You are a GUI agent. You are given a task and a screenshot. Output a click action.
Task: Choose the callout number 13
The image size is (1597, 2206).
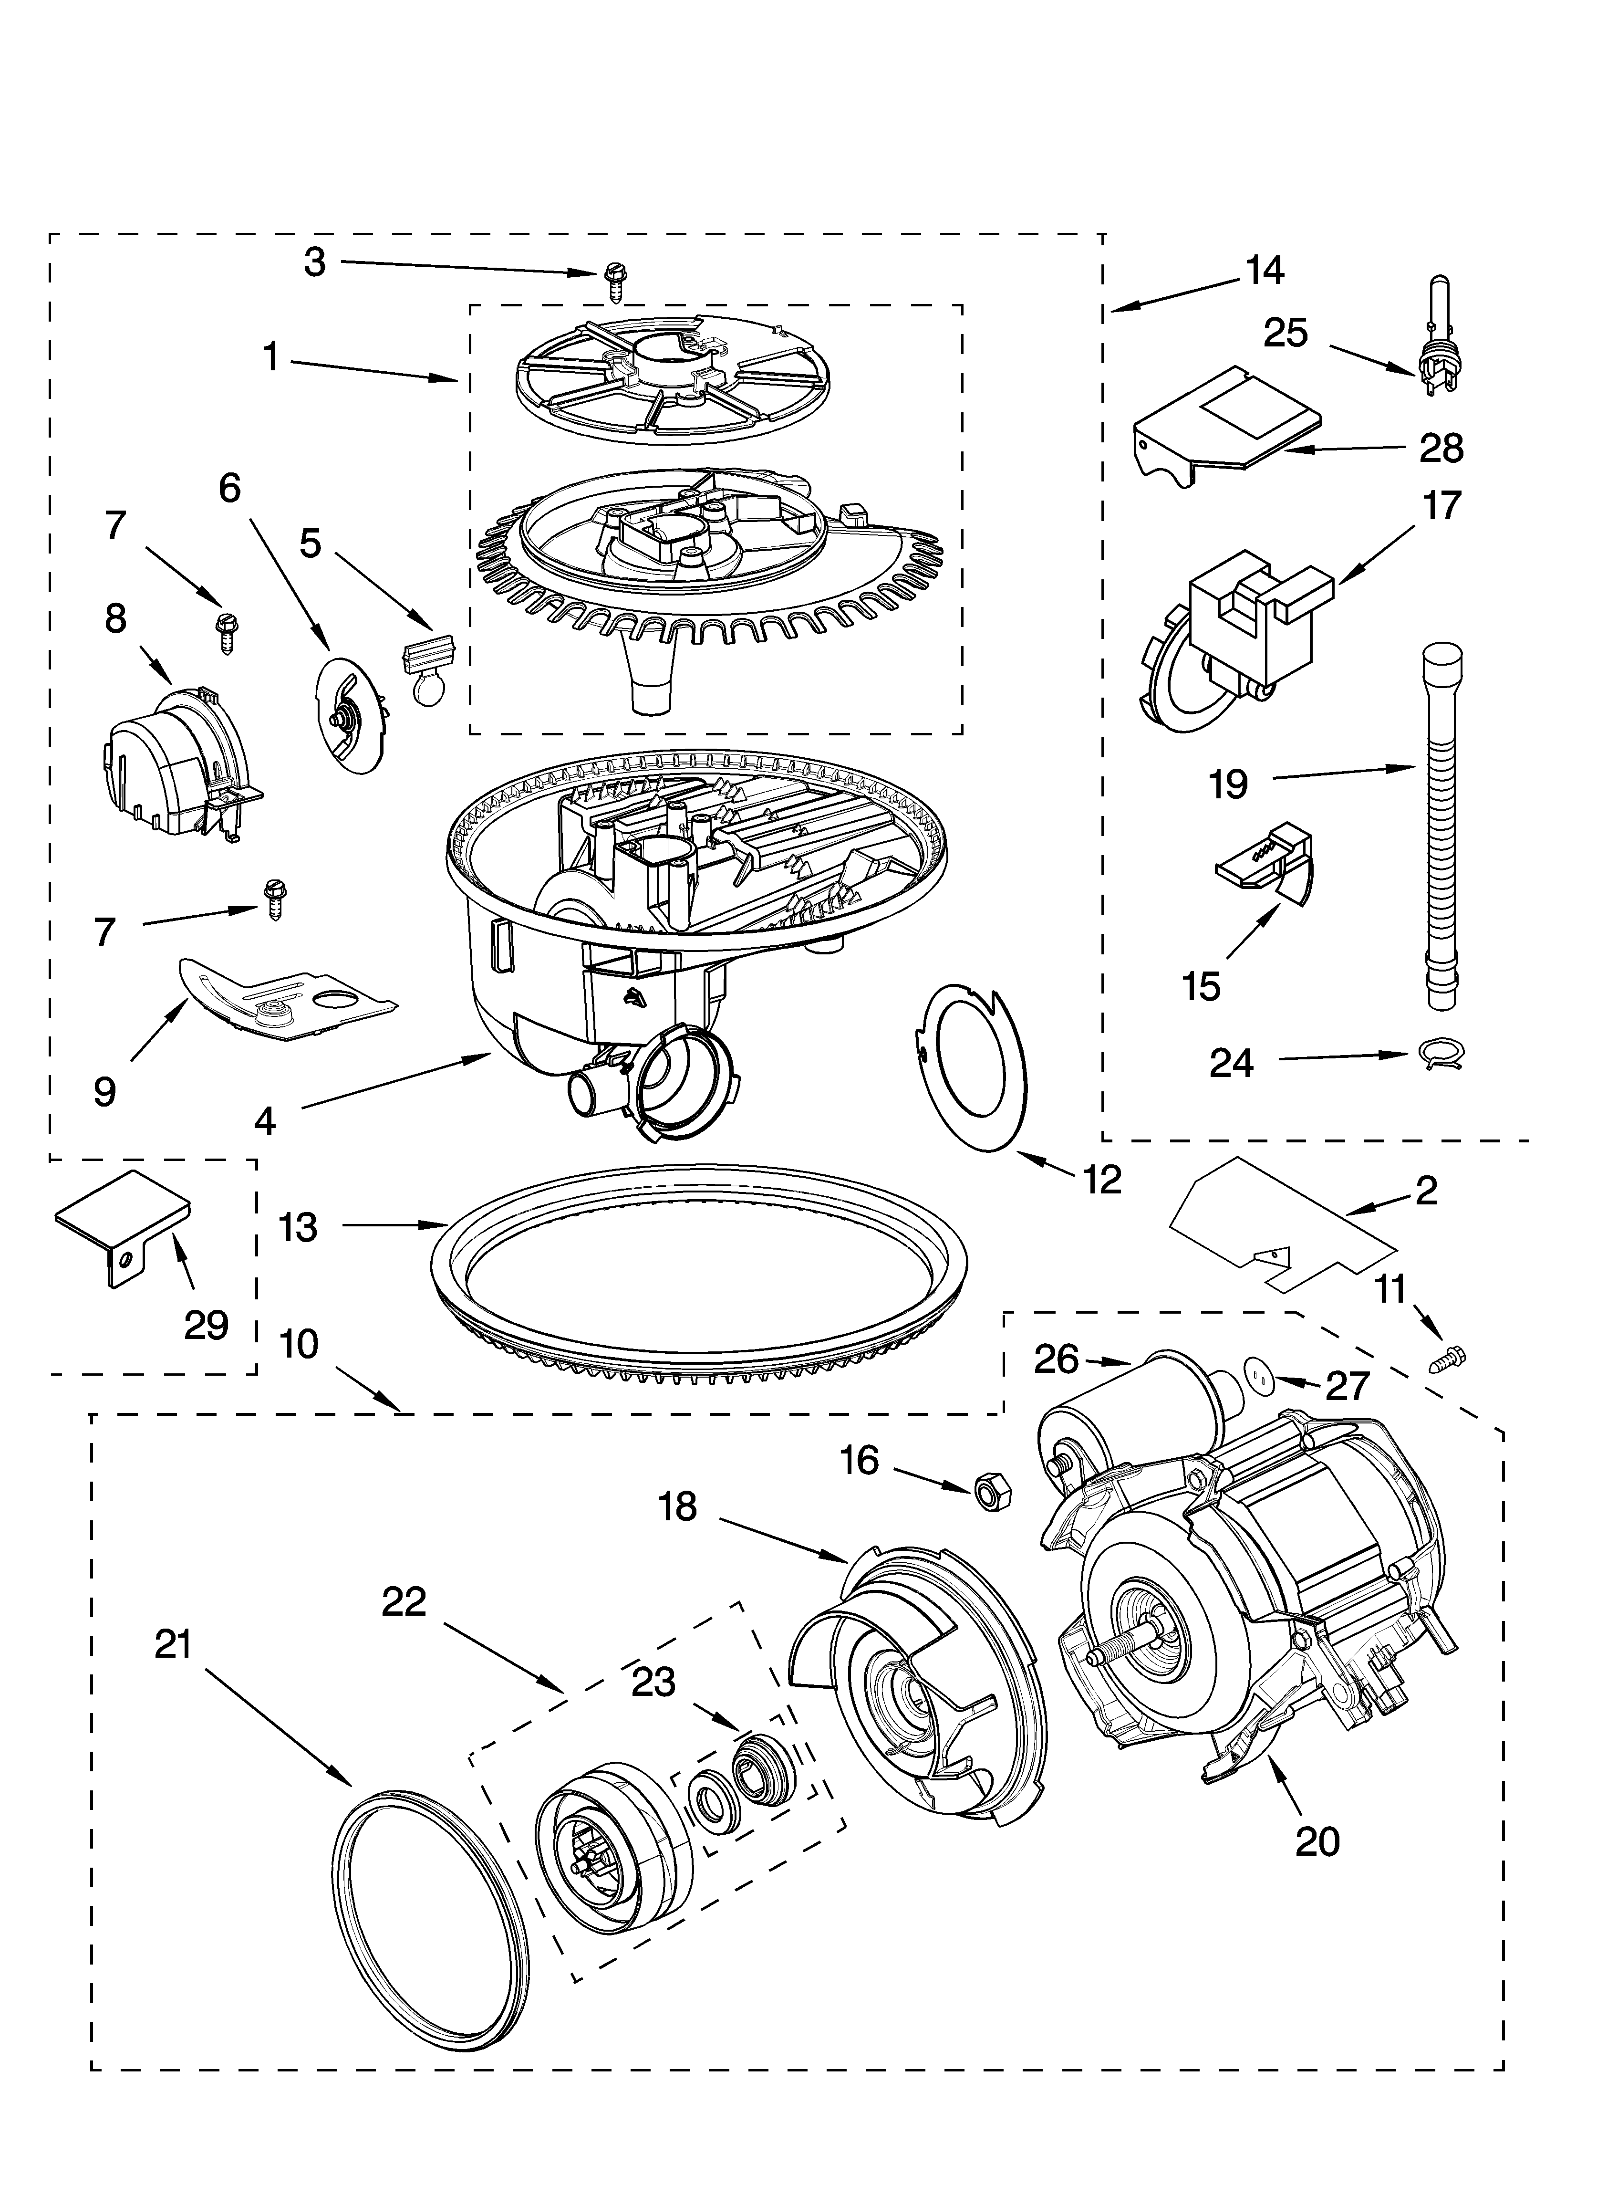click(x=299, y=1227)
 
